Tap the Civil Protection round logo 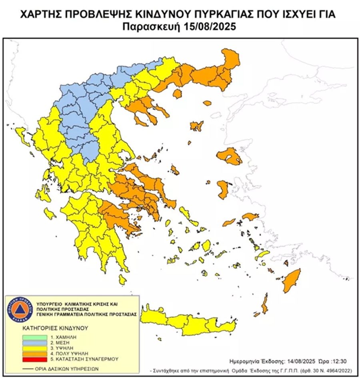point(18,309)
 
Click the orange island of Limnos point(196,126)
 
